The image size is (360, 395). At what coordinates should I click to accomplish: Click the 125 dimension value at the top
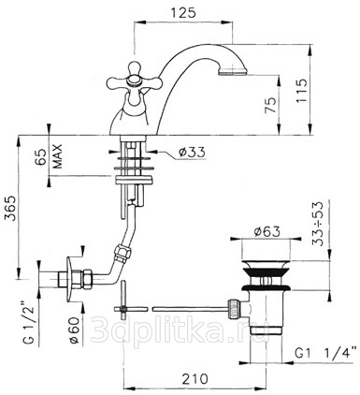pyautogui.click(x=183, y=12)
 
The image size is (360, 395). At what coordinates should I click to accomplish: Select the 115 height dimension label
pyautogui.click(x=301, y=91)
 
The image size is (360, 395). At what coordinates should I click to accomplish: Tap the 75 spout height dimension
pyautogui.click(x=270, y=105)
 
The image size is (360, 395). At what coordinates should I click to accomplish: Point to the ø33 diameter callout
pyautogui.click(x=192, y=153)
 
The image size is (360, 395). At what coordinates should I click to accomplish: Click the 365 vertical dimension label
pyautogui.click(x=11, y=208)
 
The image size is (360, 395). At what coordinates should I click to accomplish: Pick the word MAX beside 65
pyautogui.click(x=58, y=156)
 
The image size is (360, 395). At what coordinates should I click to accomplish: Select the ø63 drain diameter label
pyautogui.click(x=266, y=232)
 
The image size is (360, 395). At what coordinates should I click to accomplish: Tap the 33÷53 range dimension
pyautogui.click(x=318, y=224)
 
